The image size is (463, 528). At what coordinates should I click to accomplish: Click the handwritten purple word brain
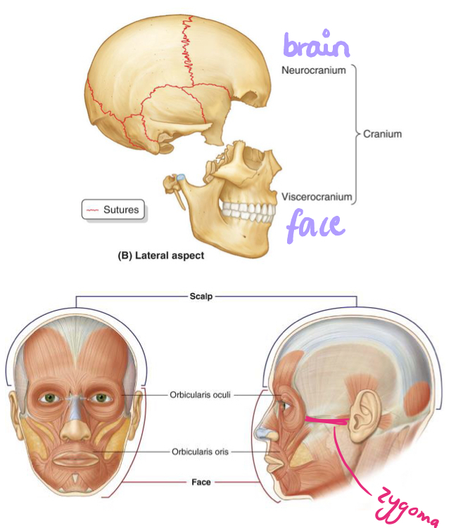[x=316, y=47]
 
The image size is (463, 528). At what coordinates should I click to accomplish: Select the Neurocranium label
[x=313, y=70]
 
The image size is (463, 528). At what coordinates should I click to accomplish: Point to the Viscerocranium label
[x=316, y=197]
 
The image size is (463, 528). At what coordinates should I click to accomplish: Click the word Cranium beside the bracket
[x=383, y=134]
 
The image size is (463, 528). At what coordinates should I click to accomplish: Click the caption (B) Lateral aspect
[x=160, y=256]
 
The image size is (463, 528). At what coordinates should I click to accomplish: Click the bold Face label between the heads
[x=201, y=482]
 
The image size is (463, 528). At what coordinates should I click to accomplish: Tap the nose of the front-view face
[x=75, y=425]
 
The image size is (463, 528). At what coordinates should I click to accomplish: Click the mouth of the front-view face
[x=75, y=458]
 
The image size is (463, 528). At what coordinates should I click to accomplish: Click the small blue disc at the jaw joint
[x=182, y=177]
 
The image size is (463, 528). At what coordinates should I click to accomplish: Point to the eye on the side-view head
[x=284, y=406]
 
